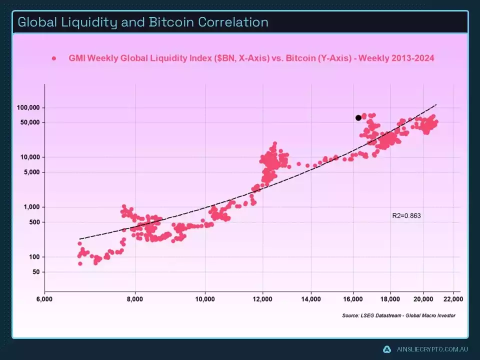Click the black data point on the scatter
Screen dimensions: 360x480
tap(358, 118)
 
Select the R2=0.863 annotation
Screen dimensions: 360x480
tap(407, 216)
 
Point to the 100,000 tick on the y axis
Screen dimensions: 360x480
tap(28, 108)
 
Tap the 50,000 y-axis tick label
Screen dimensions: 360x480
tap(30, 122)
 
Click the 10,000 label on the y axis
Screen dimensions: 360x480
tap(30, 157)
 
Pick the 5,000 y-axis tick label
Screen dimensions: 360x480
tap(31, 172)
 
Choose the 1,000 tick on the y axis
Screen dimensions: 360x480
tap(31, 207)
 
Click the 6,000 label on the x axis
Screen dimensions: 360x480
tap(44, 300)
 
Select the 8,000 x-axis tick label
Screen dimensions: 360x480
tap(135, 300)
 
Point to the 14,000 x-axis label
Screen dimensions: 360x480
tap(311, 300)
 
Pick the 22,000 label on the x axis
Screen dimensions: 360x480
tap(453, 300)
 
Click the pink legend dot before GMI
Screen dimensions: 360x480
tap(53, 58)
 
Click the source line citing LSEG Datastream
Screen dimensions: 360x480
tap(398, 315)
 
